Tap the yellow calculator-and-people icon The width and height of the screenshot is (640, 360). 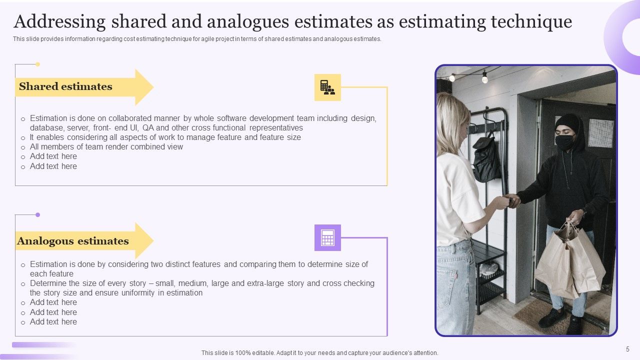click(x=327, y=87)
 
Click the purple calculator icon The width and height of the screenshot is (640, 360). click(x=327, y=237)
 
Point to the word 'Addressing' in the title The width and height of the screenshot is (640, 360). click(x=59, y=22)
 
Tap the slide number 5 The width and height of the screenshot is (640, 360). click(x=627, y=349)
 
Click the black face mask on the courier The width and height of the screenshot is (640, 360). click(x=564, y=142)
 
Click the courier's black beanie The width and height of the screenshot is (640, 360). click(x=567, y=122)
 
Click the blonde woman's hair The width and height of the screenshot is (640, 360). click(x=452, y=125)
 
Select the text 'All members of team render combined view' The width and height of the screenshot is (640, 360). click(x=106, y=147)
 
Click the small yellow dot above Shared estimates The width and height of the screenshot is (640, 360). click(x=37, y=64)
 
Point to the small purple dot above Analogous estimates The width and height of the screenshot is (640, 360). click(x=37, y=214)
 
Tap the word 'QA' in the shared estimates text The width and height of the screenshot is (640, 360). click(x=148, y=127)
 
